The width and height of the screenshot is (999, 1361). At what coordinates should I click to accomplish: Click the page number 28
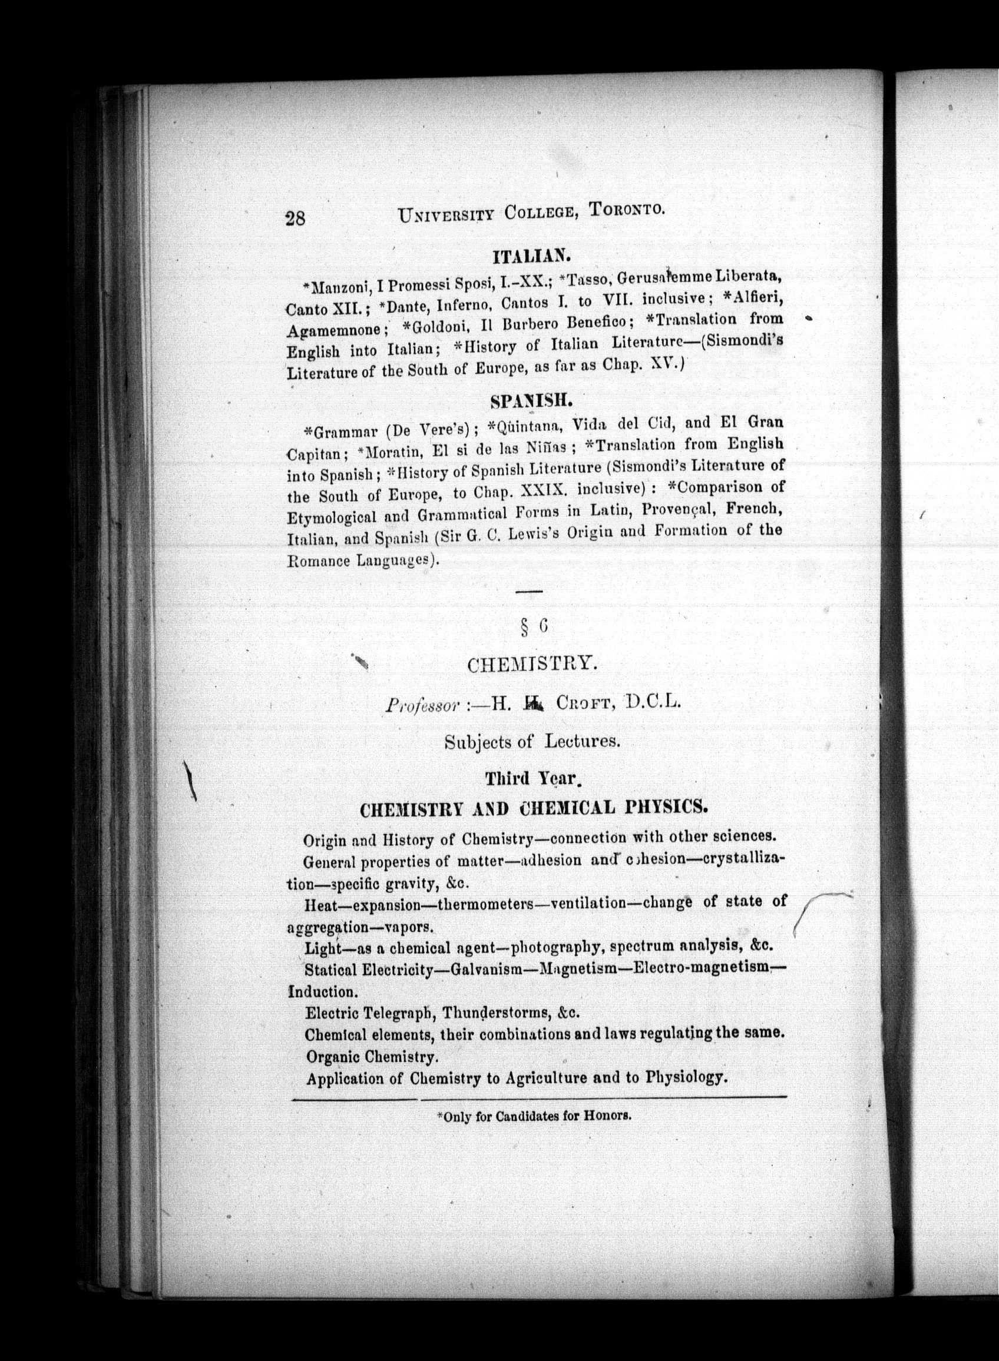coord(295,218)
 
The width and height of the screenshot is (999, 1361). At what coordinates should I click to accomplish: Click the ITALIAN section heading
coord(531,256)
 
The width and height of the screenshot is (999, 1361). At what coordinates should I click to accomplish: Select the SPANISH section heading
coord(531,400)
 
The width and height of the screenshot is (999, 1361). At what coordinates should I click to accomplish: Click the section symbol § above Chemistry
coord(524,629)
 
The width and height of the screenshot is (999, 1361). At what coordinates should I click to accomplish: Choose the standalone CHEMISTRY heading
coord(532,665)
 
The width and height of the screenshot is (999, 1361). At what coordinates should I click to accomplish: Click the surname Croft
coord(585,703)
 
